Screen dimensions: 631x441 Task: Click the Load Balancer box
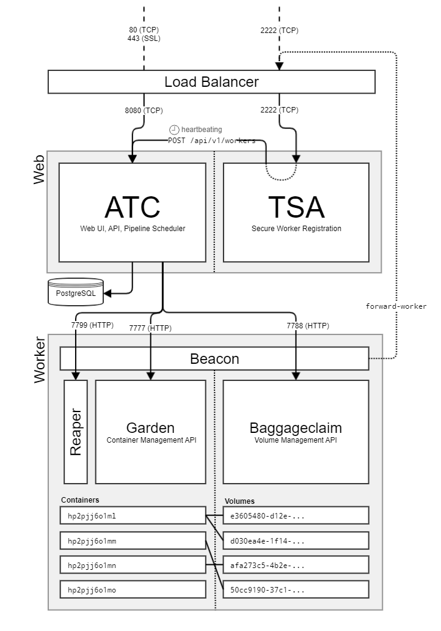coord(211,82)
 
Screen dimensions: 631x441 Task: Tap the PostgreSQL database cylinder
coord(76,293)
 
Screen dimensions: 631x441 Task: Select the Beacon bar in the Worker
coord(214,359)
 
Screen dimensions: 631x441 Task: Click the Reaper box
coord(76,432)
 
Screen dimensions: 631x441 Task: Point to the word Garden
coord(150,428)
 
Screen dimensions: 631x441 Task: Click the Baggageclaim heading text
coord(296,428)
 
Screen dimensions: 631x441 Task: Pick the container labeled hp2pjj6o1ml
coord(133,515)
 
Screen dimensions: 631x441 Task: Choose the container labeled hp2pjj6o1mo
coord(133,589)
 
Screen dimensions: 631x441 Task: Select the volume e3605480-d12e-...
coord(296,515)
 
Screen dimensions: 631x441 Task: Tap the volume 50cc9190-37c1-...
coord(296,589)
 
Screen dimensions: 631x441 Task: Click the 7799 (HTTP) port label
coord(92,325)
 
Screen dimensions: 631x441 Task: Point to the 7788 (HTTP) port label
coord(308,326)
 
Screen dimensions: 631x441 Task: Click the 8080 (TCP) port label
coord(144,111)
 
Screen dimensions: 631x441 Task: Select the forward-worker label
coord(396,306)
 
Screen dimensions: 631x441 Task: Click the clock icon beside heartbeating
coord(174,130)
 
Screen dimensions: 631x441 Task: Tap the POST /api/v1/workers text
coord(212,140)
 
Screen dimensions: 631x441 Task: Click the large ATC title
coord(132,207)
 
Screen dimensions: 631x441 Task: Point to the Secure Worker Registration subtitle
coord(296,229)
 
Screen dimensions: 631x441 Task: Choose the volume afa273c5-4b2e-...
coord(296,565)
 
